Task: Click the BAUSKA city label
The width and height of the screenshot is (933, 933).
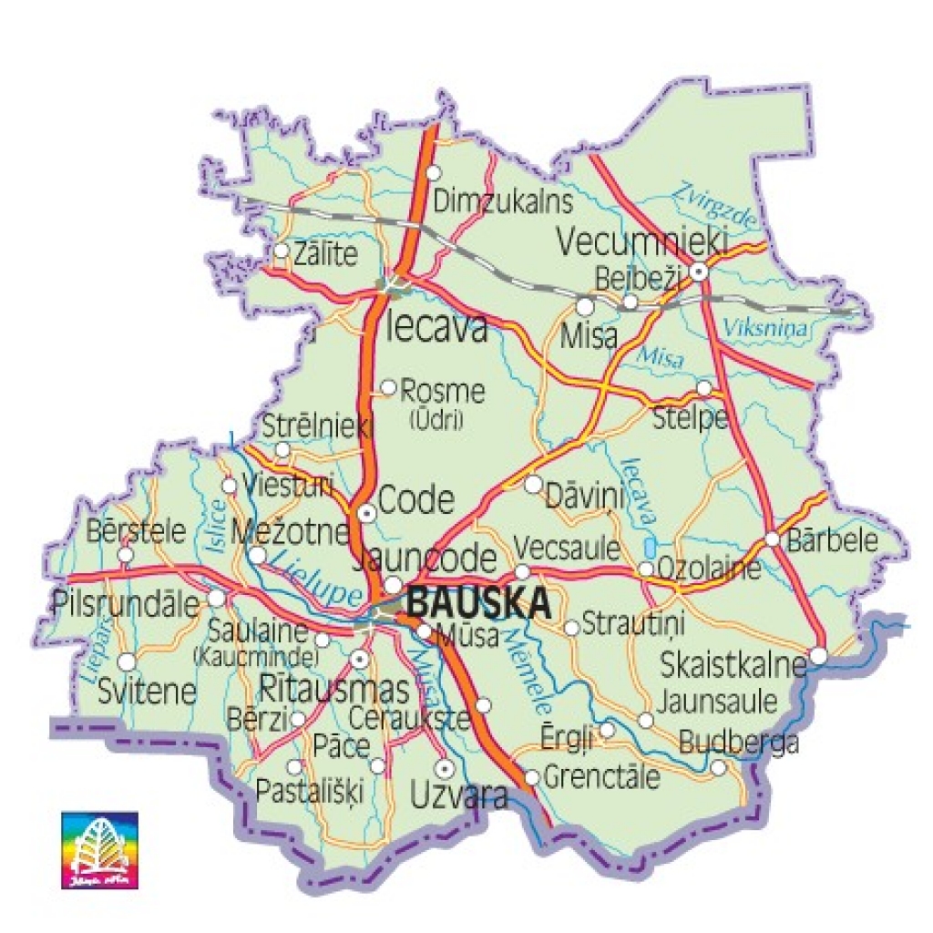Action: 479,603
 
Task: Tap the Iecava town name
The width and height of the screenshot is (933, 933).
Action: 437,328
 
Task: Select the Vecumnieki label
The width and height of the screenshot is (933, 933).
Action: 641,242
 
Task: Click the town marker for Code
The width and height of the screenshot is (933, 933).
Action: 366,513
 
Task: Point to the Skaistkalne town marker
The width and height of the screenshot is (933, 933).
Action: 818,655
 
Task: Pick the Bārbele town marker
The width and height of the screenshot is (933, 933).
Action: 772,538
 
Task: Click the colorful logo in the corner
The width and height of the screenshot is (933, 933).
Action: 99,849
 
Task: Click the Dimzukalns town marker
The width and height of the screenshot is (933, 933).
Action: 434,172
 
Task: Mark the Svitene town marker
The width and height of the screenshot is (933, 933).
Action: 128,661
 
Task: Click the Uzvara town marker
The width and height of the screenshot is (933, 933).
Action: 444,766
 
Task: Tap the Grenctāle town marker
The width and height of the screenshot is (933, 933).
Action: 532,777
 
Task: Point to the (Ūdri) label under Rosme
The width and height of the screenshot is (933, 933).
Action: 436,420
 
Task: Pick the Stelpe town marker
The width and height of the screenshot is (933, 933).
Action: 703,388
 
